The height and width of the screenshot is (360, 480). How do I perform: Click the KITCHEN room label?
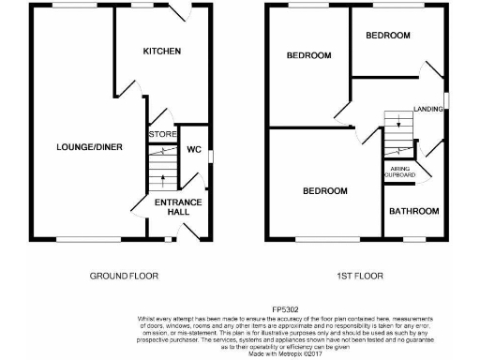[161, 51]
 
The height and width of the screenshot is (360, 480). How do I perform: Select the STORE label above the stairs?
[161, 135]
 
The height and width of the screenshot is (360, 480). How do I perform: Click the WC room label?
[194, 150]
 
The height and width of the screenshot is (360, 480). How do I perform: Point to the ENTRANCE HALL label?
[172, 206]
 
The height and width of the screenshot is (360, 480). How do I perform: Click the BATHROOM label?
[413, 211]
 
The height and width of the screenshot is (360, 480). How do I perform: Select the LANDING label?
[428, 110]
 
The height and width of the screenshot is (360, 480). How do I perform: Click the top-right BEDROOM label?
[387, 36]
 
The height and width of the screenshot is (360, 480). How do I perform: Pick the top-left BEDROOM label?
[308, 55]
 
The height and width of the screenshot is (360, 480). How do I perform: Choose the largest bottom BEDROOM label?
[324, 190]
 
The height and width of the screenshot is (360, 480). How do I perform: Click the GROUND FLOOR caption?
[124, 277]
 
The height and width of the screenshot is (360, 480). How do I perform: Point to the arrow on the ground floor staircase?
[163, 177]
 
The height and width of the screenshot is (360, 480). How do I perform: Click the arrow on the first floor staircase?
[398, 121]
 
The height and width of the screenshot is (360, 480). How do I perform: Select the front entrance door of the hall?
[192, 232]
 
